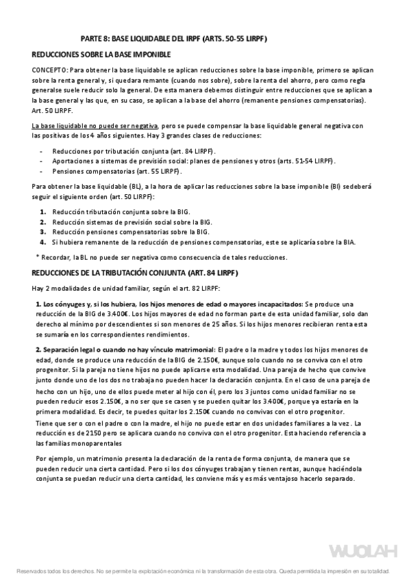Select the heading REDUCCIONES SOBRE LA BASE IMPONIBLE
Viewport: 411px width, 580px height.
[101, 54]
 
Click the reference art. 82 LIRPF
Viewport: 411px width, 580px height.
[199, 288]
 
